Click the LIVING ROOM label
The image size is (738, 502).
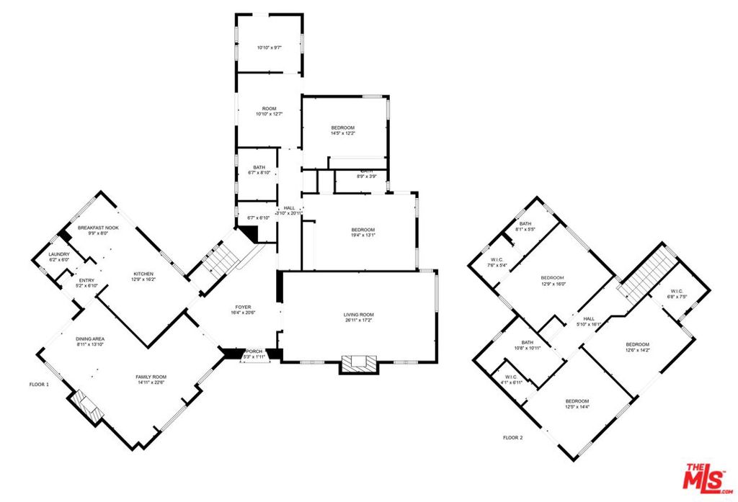pos(358,314)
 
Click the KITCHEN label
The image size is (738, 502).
pos(144,274)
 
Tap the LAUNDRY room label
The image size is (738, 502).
pos(59,254)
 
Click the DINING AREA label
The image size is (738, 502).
pos(90,339)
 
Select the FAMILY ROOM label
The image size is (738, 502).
pos(151,377)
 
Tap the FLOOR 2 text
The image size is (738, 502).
pos(512,437)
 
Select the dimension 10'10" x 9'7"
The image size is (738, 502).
pos(269,48)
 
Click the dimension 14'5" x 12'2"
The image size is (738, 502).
pos(343,133)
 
